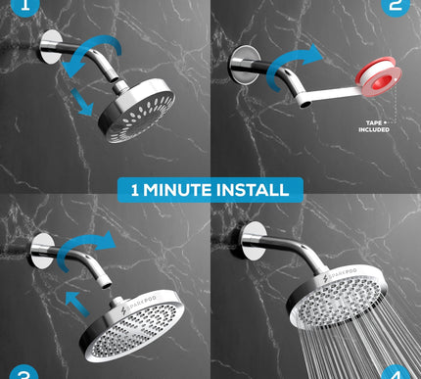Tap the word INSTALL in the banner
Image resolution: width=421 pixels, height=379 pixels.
[x=257, y=189]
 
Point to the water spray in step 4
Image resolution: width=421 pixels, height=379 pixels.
[x=382, y=338]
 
